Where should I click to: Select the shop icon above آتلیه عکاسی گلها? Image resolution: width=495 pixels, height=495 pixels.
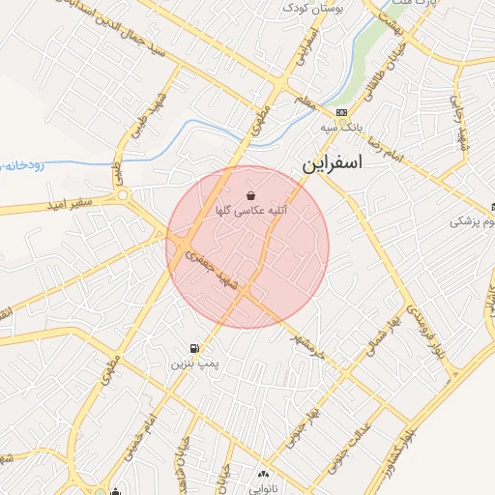tap(251, 194)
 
